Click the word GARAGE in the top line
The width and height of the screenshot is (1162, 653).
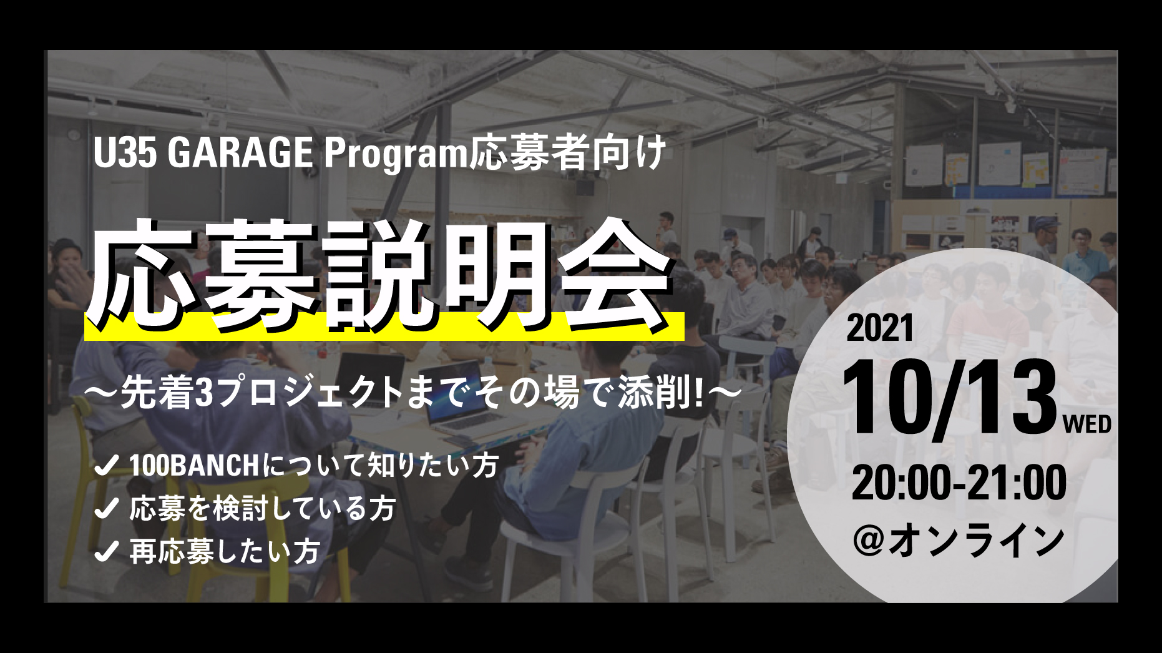pyautogui.click(x=240, y=153)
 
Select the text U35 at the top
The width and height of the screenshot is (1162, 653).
pyautogui.click(x=125, y=153)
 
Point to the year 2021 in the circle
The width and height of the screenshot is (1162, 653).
pyautogui.click(x=880, y=328)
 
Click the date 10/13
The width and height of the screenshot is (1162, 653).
pyautogui.click(x=949, y=398)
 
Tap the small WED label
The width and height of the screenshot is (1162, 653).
pyautogui.click(x=1087, y=425)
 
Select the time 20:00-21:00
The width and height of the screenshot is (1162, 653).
pyautogui.click(x=960, y=482)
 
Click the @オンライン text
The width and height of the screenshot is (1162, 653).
pyautogui.click(x=959, y=541)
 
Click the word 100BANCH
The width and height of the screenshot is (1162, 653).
pyautogui.click(x=194, y=466)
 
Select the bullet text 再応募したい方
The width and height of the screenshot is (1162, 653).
pyautogui.click(x=225, y=551)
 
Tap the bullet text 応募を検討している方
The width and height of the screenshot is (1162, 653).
pyautogui.click(x=263, y=509)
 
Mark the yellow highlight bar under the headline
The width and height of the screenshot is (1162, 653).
pyautogui.click(x=384, y=326)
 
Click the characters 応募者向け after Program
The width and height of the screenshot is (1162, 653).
pyautogui.click(x=568, y=154)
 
